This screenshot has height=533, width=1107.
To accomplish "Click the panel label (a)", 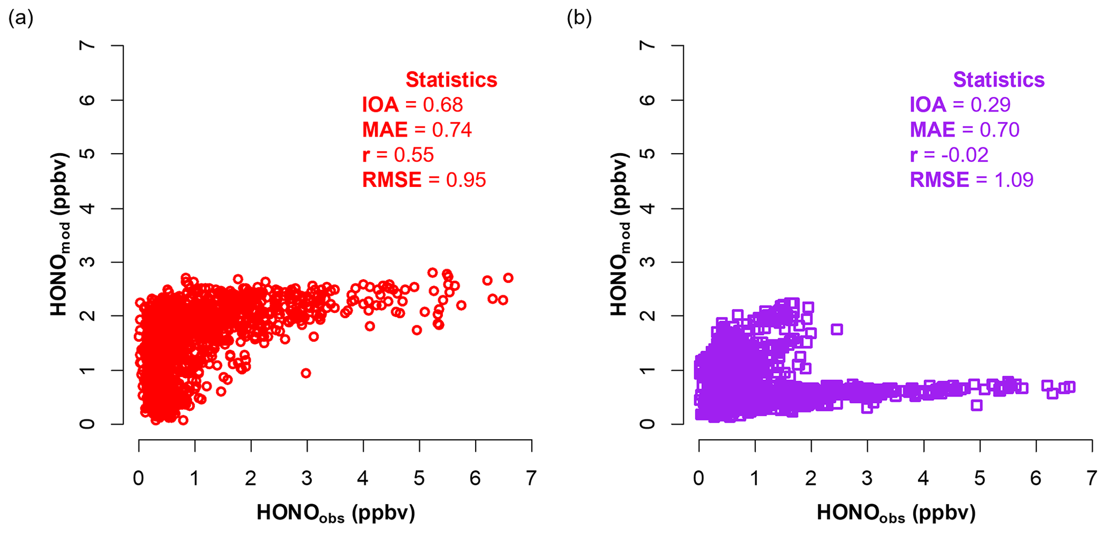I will [21, 19].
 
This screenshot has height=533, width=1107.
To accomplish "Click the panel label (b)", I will [579, 19].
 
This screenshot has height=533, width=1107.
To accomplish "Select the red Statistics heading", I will [451, 80].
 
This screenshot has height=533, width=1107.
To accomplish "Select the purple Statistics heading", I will [998, 80].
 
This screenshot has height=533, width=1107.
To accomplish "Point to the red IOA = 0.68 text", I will [412, 104].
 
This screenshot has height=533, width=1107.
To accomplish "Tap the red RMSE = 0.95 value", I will [424, 180].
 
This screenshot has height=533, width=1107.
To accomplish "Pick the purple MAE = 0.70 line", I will [964, 130].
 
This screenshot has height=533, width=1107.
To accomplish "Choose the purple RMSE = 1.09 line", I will [971, 180].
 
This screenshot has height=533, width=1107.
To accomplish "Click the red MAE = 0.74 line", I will [417, 130].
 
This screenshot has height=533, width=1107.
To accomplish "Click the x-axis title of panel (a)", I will [336, 513].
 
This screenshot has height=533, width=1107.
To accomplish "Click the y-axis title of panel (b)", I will [620, 234].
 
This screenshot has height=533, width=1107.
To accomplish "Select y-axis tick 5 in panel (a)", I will [89, 154].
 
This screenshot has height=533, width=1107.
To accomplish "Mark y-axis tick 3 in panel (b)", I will [649, 262].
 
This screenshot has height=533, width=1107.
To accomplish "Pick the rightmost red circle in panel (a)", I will [508, 277].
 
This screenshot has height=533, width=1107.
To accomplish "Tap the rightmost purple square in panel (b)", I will [1070, 387].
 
